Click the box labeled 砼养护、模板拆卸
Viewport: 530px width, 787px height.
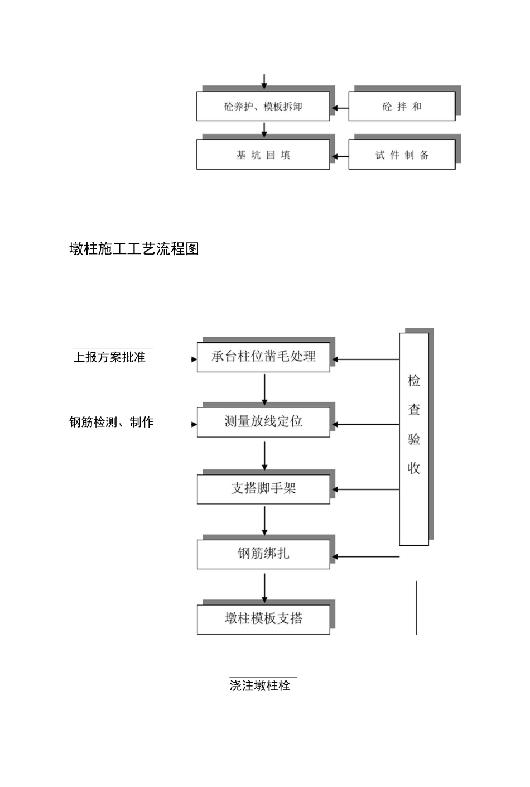[263, 107]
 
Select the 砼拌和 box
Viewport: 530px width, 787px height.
[402, 107]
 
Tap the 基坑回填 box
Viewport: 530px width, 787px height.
[263, 155]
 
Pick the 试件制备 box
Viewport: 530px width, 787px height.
[402, 155]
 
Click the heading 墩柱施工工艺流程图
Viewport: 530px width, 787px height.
[134, 249]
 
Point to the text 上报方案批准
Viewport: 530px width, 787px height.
[109, 357]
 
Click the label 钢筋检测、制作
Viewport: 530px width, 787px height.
[112, 423]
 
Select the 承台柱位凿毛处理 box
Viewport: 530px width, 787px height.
[263, 357]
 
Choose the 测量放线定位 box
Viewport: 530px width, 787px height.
[263, 422]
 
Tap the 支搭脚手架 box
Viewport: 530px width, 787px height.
[263, 489]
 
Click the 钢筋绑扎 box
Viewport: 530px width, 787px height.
[263, 554]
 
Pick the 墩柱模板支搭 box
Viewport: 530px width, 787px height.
[263, 619]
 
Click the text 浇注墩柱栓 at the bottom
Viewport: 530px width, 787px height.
[260, 685]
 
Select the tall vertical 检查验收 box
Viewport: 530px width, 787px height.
[414, 439]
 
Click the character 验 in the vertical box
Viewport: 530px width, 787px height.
[414, 439]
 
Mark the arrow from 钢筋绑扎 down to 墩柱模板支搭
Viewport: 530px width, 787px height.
[264, 587]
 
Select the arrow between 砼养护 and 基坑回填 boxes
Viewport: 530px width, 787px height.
[264, 130]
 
